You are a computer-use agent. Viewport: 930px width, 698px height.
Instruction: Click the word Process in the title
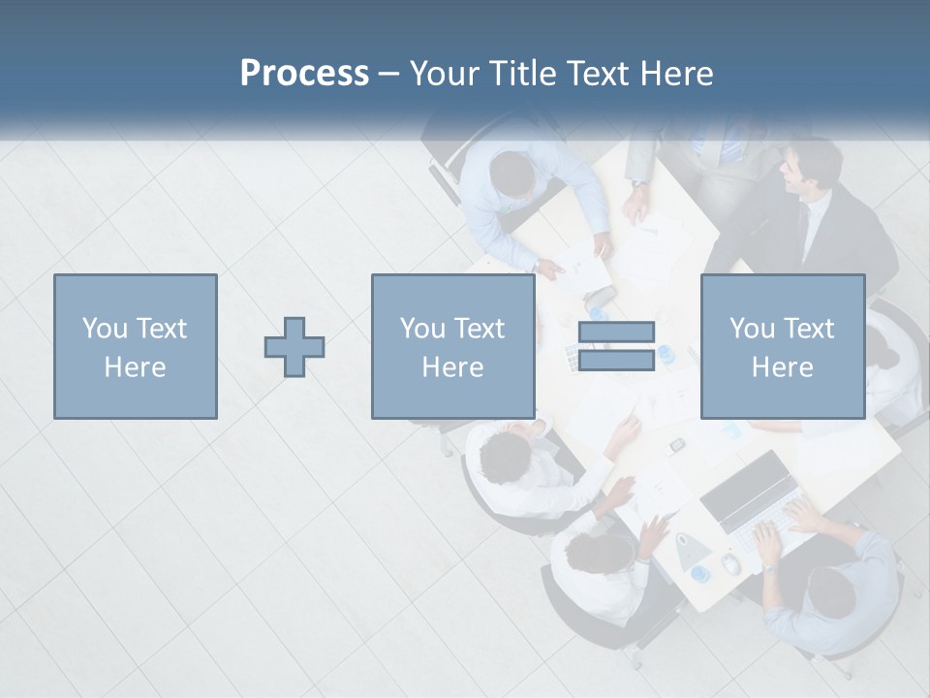[x=304, y=74]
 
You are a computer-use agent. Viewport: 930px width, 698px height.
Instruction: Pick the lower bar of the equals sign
[x=616, y=361]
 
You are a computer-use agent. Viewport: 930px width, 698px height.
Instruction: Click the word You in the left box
[x=104, y=329]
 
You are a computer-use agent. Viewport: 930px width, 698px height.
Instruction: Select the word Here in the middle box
[x=452, y=367]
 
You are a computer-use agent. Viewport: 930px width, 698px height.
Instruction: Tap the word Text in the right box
[x=810, y=329]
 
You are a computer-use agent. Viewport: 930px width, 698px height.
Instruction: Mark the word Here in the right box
[x=782, y=367]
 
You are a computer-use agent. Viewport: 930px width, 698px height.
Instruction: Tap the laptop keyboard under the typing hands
[x=775, y=528]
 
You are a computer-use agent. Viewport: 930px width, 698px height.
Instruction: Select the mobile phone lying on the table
[x=678, y=444]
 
